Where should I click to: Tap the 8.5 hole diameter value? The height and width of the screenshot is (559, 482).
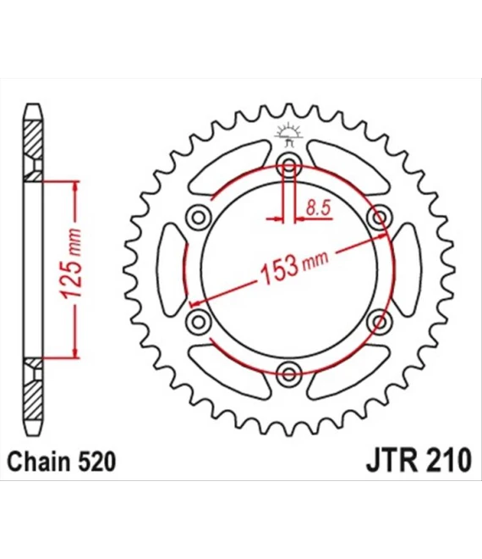pos(317,208)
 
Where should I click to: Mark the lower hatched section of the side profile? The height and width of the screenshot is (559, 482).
pos(32,394)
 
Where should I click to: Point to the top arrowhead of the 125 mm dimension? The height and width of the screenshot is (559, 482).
pos(77,185)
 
